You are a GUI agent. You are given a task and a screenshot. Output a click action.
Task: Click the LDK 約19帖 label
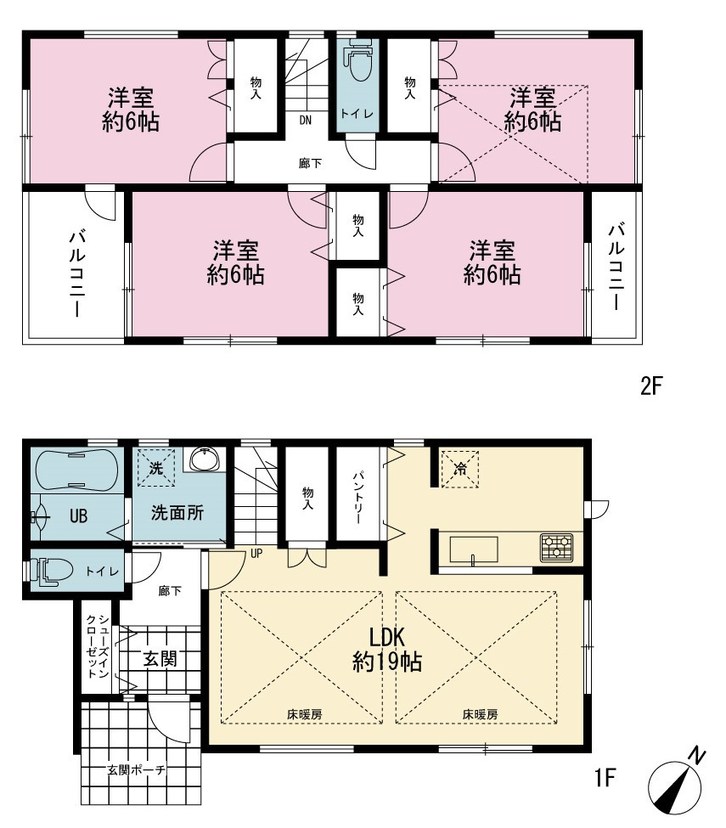coord(386,650)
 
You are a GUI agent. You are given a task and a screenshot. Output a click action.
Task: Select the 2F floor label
coord(651,386)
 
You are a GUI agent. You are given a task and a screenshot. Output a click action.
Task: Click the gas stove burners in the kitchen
coord(556,548)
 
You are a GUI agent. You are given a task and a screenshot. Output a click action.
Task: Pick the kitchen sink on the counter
coord(474,550)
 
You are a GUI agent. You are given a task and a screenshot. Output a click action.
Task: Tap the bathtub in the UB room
coord(76,470)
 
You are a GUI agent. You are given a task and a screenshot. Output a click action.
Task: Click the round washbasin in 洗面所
coord(205,459)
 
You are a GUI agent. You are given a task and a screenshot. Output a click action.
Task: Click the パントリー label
coord(358,497)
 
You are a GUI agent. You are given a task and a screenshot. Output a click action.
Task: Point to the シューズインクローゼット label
coord(98,645)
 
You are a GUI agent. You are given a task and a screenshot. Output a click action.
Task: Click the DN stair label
coord(305,120)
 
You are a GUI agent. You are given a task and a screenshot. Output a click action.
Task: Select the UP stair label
coord(256,554)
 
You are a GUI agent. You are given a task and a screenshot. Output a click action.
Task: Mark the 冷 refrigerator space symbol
coord(460,469)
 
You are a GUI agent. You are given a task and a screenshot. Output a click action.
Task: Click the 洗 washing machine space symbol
coord(156,467)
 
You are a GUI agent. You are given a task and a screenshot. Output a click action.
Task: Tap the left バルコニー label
coord(76,273)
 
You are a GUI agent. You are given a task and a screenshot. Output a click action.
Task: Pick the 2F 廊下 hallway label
coord(310,163)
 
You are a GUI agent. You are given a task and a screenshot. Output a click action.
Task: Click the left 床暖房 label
coord(305,714)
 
